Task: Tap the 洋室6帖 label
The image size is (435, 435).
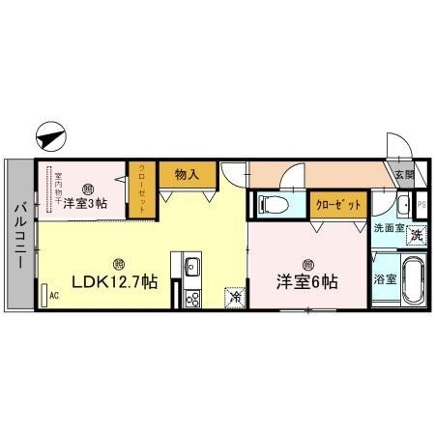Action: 306,282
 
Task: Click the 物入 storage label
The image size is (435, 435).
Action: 188,175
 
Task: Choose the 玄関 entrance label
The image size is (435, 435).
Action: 404,175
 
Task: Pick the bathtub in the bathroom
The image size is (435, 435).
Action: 413,280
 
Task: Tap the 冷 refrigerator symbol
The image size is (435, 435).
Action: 232,298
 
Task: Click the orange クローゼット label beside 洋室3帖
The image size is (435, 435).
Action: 141,183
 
